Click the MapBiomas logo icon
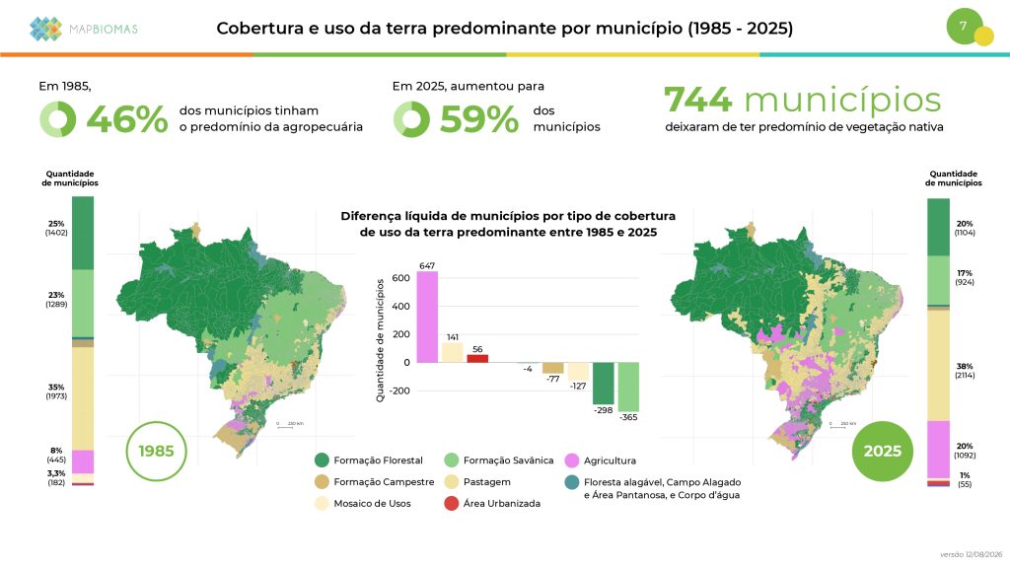tap(45, 29)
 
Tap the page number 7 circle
tap(965, 27)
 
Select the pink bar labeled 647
tap(427, 317)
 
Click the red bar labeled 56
tap(477, 359)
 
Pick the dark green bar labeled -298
tap(604, 384)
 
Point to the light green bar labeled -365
tap(628, 387)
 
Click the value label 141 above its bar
tap(452, 337)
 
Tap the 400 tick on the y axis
tap(400, 307)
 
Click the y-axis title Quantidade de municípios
tap(380, 340)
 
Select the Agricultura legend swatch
tap(572, 461)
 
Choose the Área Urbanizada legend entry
tap(493, 504)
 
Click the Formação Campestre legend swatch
tap(323, 481)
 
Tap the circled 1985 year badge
tap(157, 451)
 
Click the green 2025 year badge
tap(883, 451)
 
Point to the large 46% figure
tap(127, 119)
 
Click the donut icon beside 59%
tap(411, 119)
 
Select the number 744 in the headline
tap(697, 100)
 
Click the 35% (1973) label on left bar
tap(56, 391)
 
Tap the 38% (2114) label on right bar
tap(965, 371)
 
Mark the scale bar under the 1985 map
tap(285, 427)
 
